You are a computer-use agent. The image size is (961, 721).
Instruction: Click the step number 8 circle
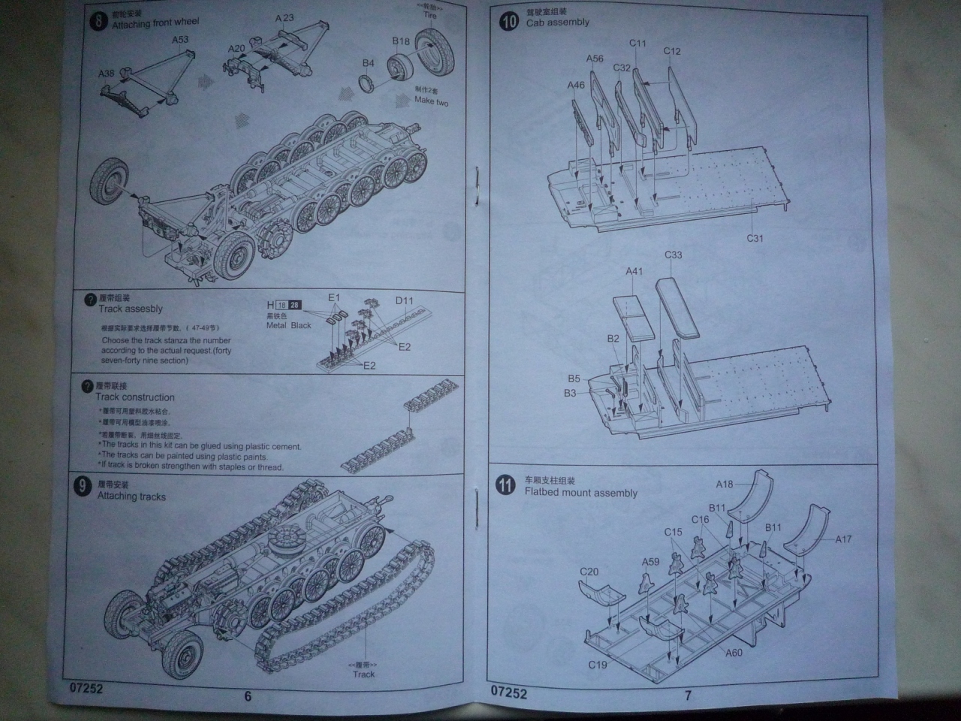pyautogui.click(x=98, y=20)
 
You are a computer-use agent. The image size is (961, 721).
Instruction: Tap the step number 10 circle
pyautogui.click(x=509, y=20)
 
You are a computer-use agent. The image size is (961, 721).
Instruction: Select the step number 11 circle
pyautogui.click(x=505, y=485)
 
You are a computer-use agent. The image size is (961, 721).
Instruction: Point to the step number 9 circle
pyautogui.click(x=83, y=486)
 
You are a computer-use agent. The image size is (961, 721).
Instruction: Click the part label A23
pyautogui.click(x=285, y=18)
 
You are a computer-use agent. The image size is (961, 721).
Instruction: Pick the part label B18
pyautogui.click(x=401, y=41)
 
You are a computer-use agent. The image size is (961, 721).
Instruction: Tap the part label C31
pyautogui.click(x=755, y=238)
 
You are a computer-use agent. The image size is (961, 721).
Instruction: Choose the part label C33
pyautogui.click(x=673, y=255)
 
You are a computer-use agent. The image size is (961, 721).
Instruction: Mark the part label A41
pyautogui.click(x=634, y=271)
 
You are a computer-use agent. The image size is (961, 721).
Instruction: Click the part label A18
pyautogui.click(x=724, y=484)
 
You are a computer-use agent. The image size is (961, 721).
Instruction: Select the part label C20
pyautogui.click(x=589, y=572)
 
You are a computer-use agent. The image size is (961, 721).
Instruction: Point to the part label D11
pyautogui.click(x=405, y=300)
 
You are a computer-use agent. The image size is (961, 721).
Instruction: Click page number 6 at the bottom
pyautogui.click(x=248, y=696)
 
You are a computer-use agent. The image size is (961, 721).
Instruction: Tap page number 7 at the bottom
pyautogui.click(x=688, y=695)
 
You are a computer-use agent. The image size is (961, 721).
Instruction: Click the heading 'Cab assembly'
pyautogui.click(x=557, y=23)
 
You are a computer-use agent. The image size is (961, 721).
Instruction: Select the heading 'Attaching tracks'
pyautogui.click(x=131, y=496)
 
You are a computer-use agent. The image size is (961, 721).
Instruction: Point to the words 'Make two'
pyautogui.click(x=431, y=101)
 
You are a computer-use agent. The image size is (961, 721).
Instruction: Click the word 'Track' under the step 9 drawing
pyautogui.click(x=363, y=674)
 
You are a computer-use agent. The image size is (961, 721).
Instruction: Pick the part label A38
pyautogui.click(x=107, y=74)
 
